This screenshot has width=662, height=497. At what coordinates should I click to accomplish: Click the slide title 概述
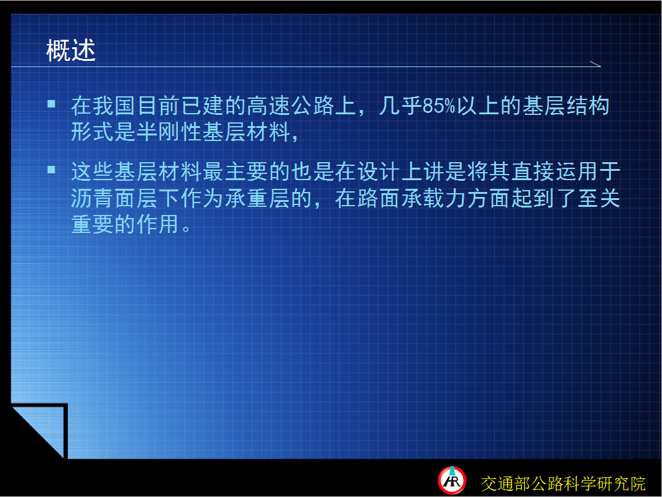click(x=71, y=50)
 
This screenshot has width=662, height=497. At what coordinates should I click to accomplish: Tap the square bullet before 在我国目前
click(x=52, y=104)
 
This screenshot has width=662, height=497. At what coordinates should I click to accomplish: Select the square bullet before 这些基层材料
click(x=52, y=170)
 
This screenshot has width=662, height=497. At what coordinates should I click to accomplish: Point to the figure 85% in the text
click(x=439, y=106)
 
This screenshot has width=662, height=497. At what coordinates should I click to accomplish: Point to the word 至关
click(x=599, y=198)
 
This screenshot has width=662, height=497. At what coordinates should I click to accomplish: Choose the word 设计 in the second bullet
click(x=379, y=171)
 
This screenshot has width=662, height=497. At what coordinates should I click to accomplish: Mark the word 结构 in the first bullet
click(x=587, y=106)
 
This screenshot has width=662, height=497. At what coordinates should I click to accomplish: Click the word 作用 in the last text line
click(x=159, y=224)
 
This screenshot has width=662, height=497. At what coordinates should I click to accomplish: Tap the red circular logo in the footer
click(x=452, y=481)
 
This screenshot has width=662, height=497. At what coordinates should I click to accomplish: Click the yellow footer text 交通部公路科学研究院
click(x=563, y=483)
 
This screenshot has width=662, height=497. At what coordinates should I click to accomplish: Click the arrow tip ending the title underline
click(x=600, y=66)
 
